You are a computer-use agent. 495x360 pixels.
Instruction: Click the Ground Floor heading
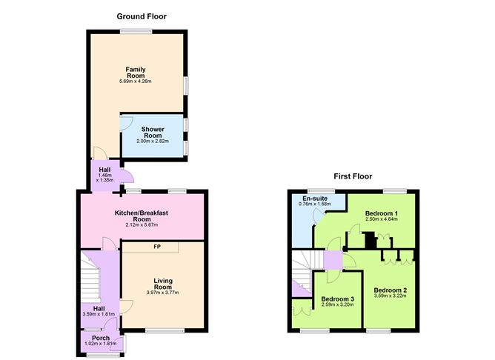(142, 16)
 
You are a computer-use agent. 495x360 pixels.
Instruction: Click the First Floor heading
(353, 176)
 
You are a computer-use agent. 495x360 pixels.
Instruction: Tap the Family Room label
(136, 73)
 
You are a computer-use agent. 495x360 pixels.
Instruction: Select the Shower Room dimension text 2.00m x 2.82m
(153, 141)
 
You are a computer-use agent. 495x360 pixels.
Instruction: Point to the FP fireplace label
(157, 247)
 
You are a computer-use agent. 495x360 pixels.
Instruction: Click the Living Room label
(163, 284)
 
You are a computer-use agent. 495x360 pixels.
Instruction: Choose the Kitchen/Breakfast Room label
(142, 216)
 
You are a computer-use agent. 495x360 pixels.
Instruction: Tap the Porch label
(101, 338)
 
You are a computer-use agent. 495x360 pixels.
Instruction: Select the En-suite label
(315, 199)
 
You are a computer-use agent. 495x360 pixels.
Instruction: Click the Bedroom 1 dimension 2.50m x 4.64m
(382, 219)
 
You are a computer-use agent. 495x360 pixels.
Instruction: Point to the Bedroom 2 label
(391, 290)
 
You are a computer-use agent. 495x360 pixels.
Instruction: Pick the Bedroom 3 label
(337, 299)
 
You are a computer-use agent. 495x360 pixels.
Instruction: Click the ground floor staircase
(90, 277)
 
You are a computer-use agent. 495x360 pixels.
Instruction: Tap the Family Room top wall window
(136, 31)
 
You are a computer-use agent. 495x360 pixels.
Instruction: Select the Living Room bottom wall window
(165, 330)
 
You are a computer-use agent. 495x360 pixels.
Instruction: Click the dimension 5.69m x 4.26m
(136, 81)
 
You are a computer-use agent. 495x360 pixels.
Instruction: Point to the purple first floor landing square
(333, 260)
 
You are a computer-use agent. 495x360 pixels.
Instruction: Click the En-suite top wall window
(322, 191)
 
